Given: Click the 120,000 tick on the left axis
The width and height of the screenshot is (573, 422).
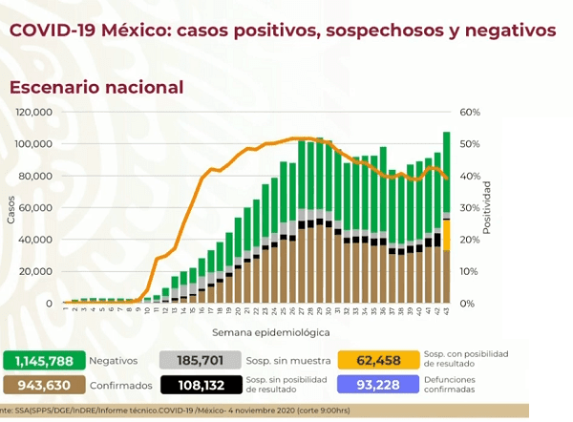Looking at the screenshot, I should tap(33, 112).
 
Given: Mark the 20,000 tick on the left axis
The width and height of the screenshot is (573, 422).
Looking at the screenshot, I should tap(36, 271).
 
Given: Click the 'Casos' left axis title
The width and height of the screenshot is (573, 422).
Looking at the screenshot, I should tap(11, 212).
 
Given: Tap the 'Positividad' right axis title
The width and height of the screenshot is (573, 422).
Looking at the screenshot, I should tap(486, 207).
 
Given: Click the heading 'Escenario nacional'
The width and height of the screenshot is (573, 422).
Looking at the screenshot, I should tap(95, 87).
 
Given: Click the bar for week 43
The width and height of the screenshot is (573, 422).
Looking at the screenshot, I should tap(446, 218).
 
